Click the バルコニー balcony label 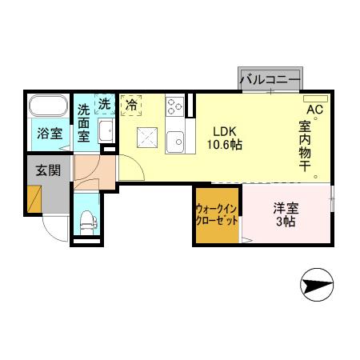pyautogui.click(x=270, y=79)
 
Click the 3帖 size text pyautogui.click(x=286, y=221)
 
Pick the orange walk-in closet pyautogui.click(x=218, y=214)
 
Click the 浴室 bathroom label pyautogui.click(x=51, y=133)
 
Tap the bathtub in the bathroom pyautogui.click(x=51, y=107)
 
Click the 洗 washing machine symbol pyautogui.click(x=105, y=103)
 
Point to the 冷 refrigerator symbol pyautogui.click(x=130, y=105)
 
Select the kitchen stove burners pyautogui.click(x=175, y=107)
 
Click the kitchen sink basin pyautogui.click(x=175, y=141)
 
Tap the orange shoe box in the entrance pyautogui.click(x=34, y=198)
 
